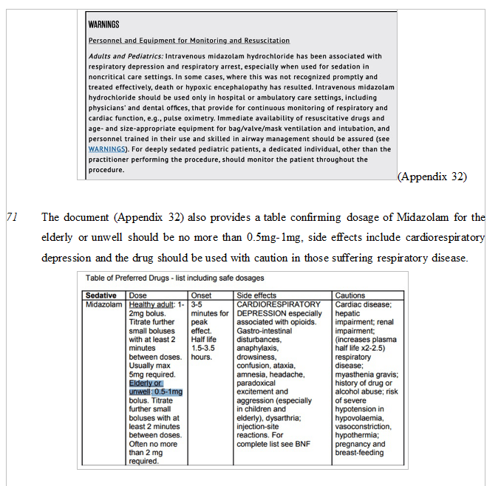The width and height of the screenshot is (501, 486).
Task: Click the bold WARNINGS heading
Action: [x=103, y=24]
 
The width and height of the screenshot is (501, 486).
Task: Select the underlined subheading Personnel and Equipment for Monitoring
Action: [x=188, y=40]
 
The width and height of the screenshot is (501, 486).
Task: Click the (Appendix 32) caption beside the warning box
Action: [x=432, y=177]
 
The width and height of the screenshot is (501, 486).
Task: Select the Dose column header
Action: [x=138, y=295]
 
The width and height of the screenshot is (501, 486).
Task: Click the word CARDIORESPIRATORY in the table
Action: [x=279, y=304]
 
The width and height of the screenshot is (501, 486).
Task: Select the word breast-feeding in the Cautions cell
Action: [x=360, y=454]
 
